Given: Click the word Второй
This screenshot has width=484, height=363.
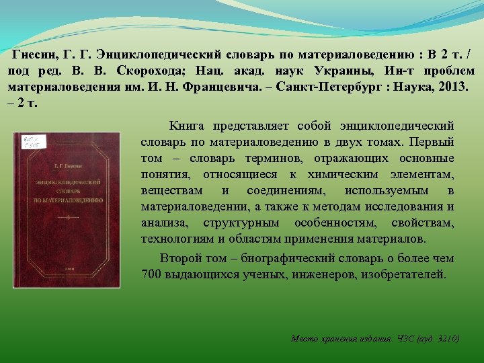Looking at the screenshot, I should [180, 258].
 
